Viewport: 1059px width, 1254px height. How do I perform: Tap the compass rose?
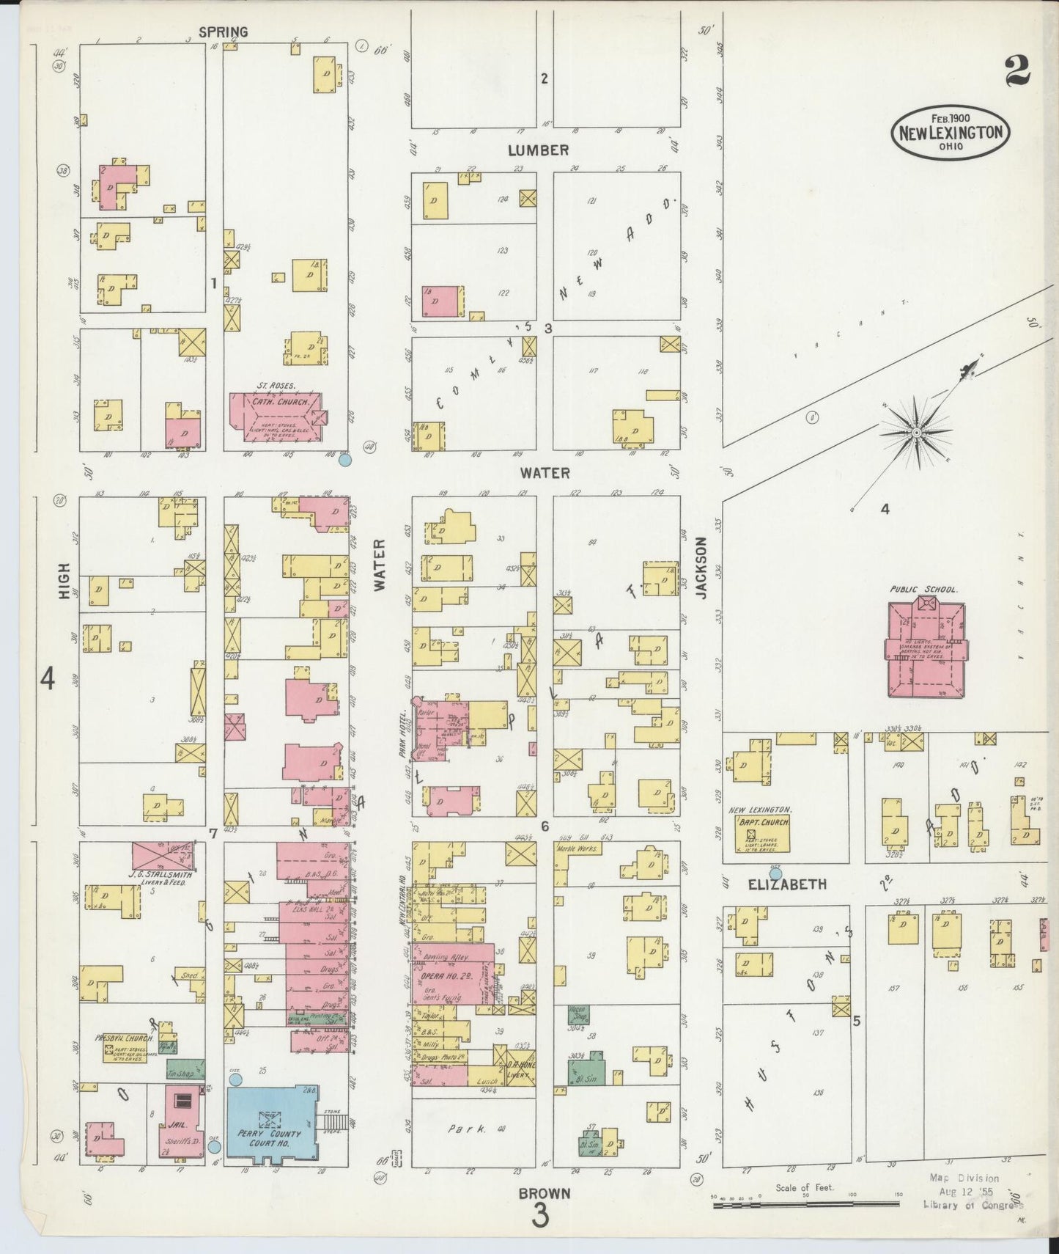coord(916,433)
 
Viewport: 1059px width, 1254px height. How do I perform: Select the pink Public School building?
coord(925,648)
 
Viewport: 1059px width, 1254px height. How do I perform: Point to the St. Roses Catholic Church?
coord(275,419)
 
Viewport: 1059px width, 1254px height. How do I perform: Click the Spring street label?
coord(223,32)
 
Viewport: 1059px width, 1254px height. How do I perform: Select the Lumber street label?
coord(539,150)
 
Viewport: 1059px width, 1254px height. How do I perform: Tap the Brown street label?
coord(545,1193)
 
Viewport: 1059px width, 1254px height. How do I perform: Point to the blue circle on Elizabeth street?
coord(775,873)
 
